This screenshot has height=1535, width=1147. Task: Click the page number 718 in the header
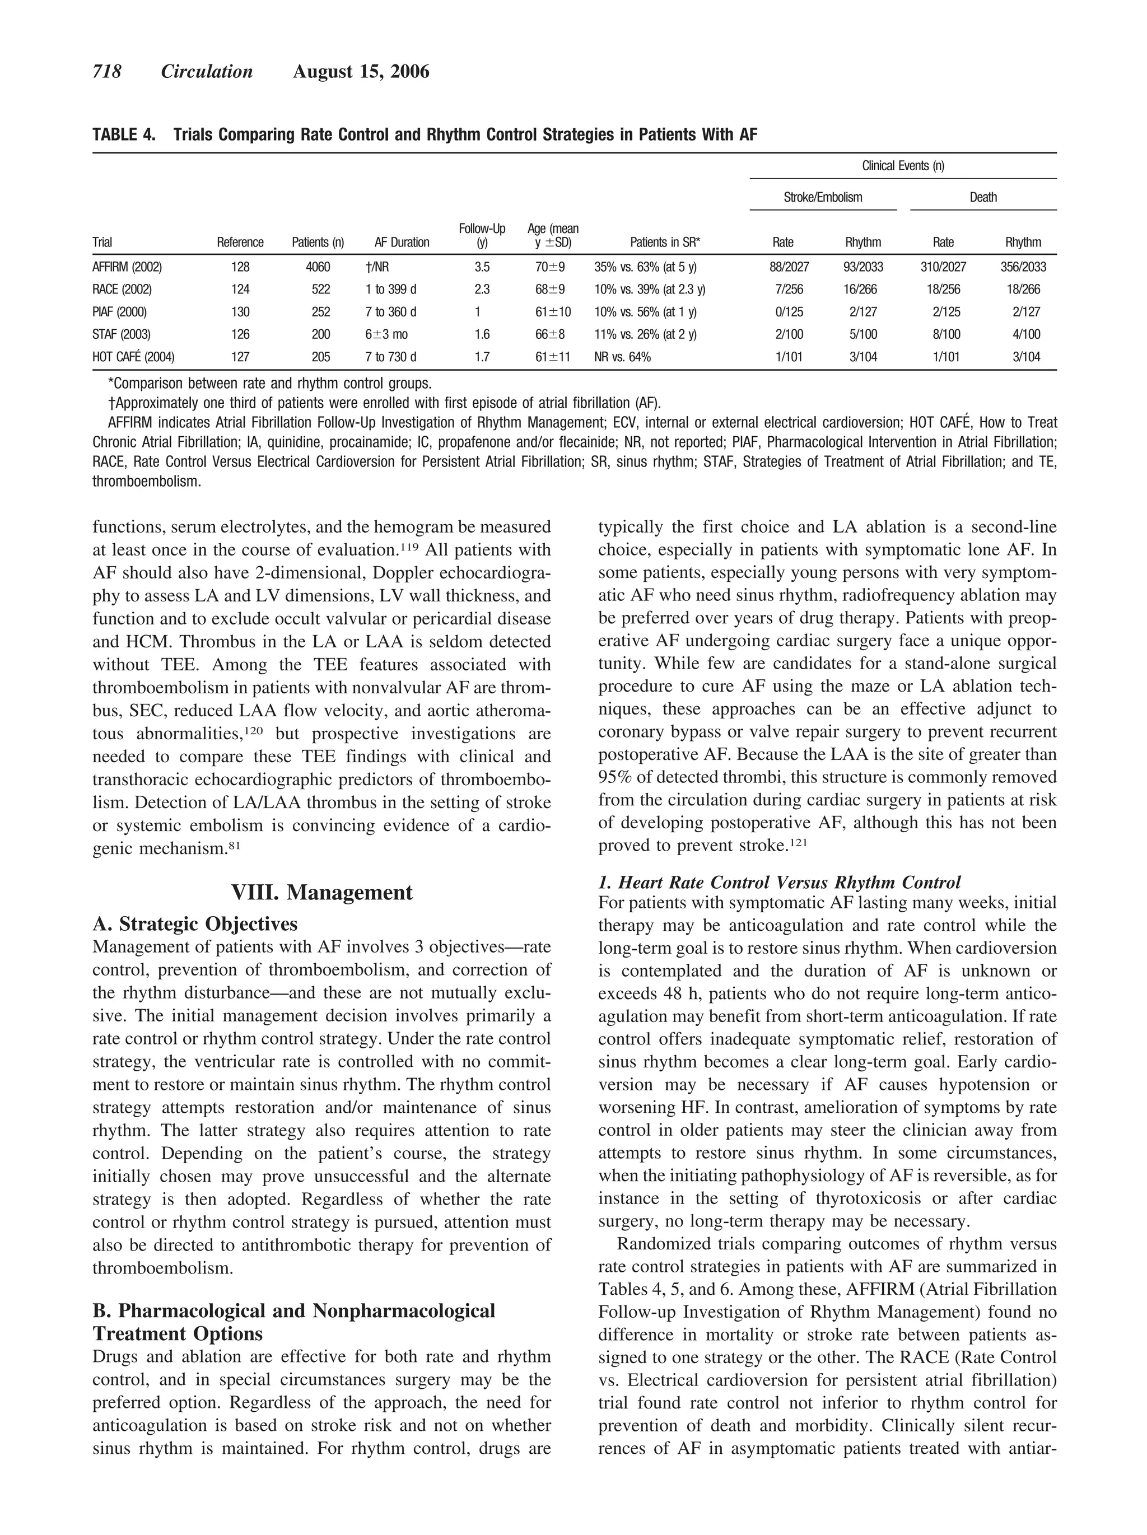coord(107,72)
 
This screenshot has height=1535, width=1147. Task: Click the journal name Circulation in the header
coord(207,72)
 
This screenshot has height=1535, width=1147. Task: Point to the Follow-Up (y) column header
coord(482,235)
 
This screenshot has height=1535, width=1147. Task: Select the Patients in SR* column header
coord(665,242)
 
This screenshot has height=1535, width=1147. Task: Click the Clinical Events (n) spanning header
coord(903,166)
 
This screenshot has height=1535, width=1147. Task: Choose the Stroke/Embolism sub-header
coord(823,197)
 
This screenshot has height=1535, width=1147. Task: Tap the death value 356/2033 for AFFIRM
coord(1023,267)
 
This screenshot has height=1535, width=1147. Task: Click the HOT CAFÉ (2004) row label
coord(133,357)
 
